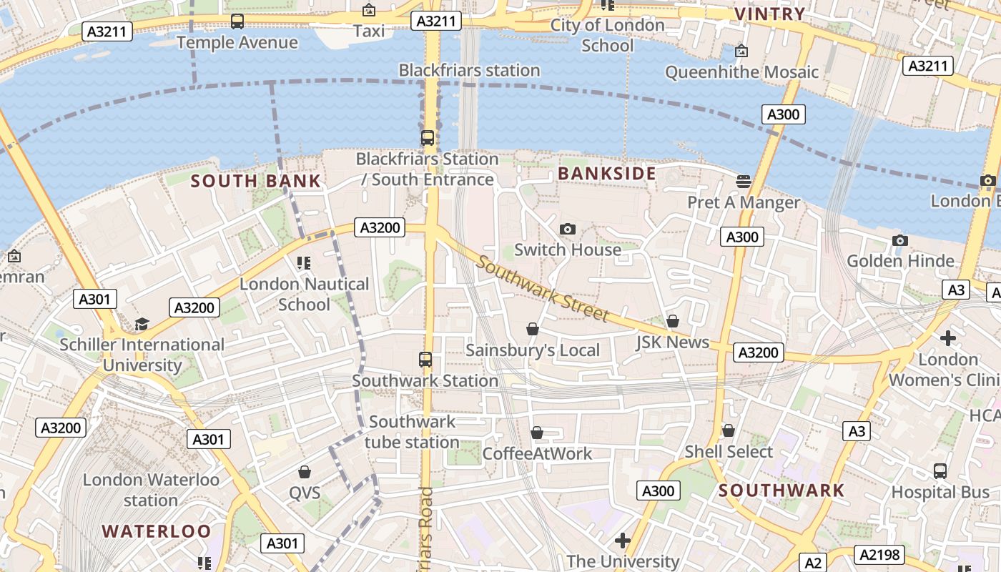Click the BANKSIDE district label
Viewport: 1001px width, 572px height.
pos(606,174)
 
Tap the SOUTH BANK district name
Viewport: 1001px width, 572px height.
pos(256,181)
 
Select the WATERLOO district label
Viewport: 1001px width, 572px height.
pos(157,531)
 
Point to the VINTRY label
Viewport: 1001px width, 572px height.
pos(770,14)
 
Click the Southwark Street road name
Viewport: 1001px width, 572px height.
pos(543,289)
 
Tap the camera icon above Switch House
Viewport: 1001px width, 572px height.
pos(568,229)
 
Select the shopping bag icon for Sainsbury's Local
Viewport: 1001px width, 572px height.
pos(533,329)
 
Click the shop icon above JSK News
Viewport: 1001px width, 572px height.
pos(673,321)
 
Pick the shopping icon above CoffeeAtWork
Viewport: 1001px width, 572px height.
pos(537,433)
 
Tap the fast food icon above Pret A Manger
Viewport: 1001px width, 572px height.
pos(744,181)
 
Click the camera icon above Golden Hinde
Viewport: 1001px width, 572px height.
pos(900,240)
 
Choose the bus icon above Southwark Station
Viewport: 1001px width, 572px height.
pos(425,359)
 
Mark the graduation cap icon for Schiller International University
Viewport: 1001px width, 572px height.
pos(142,324)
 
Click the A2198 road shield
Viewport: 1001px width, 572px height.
pos(882,554)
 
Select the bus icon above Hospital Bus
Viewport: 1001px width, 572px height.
pos(940,471)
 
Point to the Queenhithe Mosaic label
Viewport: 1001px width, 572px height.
pos(741,71)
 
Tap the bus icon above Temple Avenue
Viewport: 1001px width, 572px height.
pos(237,21)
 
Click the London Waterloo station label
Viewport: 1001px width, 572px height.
pos(151,489)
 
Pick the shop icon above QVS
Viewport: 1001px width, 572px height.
pos(305,472)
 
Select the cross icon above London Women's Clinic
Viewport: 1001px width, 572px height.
pos(948,337)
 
